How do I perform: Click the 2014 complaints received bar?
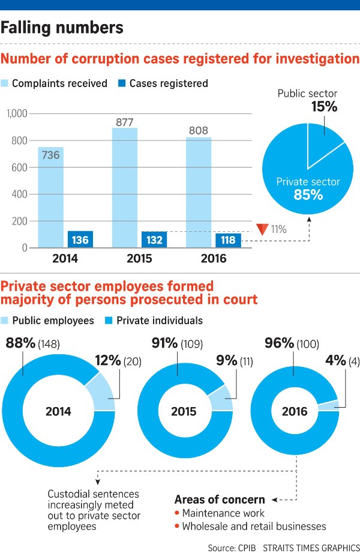(x=51, y=197)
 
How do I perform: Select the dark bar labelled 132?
(x=154, y=240)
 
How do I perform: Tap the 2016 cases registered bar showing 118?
(x=228, y=240)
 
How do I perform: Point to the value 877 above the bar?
(x=125, y=122)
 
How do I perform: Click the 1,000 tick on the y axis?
(x=17, y=113)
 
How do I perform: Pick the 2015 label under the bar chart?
(x=139, y=259)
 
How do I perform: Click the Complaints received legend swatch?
(x=4, y=83)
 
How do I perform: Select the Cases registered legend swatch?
(x=122, y=83)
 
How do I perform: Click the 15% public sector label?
(x=324, y=106)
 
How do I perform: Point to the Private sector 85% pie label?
(x=308, y=189)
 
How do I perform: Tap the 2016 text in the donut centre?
(x=295, y=411)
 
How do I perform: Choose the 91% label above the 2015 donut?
(x=164, y=343)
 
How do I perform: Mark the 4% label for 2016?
(x=335, y=360)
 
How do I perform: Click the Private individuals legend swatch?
(x=109, y=321)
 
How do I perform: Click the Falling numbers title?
(x=62, y=28)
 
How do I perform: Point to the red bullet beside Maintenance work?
(x=177, y=513)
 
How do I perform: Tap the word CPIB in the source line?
(x=247, y=548)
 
